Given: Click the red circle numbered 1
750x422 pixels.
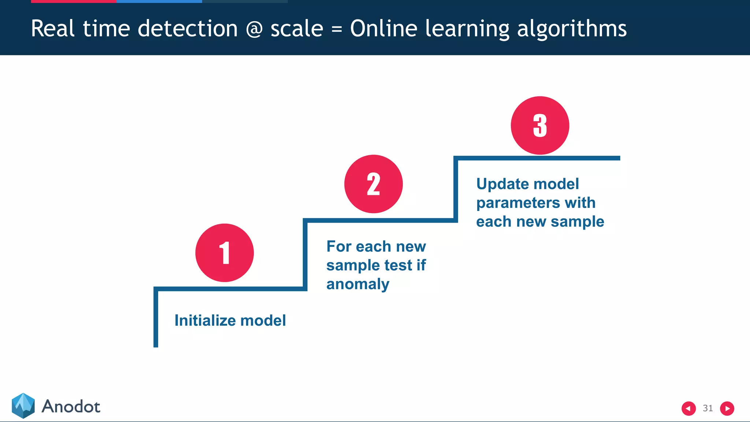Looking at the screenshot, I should (224, 253).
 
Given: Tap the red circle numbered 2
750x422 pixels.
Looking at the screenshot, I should (373, 184).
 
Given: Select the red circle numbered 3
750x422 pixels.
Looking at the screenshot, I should (540, 125).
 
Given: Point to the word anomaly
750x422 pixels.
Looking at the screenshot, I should (358, 284).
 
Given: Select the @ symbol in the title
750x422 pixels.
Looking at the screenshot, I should (254, 29).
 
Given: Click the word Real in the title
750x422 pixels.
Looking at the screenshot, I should (53, 29).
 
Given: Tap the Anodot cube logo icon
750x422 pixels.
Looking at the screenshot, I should (23, 406).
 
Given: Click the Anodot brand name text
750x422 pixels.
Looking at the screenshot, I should (71, 407).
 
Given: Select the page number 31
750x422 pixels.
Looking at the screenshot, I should (708, 408).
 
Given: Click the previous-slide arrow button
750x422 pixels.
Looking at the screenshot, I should (688, 408).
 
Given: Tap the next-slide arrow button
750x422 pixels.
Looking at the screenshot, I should (727, 408).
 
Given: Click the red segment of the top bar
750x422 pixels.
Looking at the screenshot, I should (73, 1).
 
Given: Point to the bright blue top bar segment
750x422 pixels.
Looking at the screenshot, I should (159, 1).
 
